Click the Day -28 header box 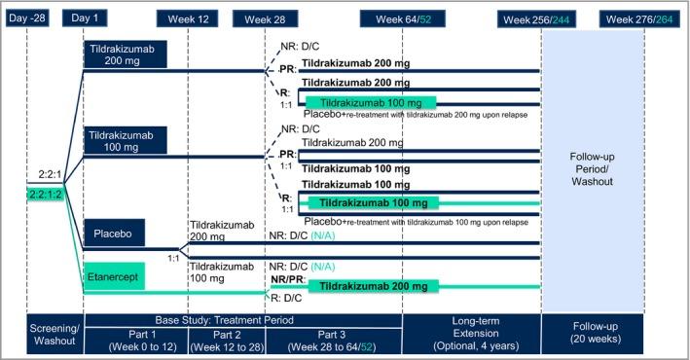27,19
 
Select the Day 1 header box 86,19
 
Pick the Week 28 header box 265,19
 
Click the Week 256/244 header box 539,19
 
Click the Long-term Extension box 471,335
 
